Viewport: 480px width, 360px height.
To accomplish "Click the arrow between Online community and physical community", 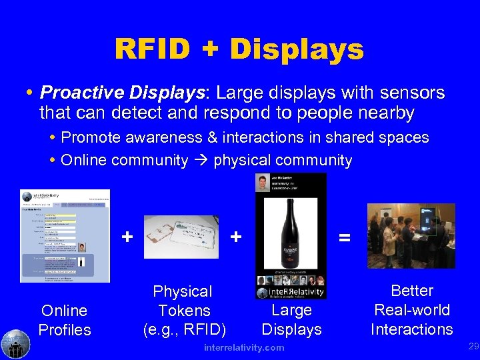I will pyautogui.click(x=201, y=161).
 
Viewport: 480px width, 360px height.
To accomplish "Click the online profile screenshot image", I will pyautogui.click(x=65, y=236).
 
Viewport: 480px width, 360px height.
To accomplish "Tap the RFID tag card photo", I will pyautogui.click(x=182, y=236).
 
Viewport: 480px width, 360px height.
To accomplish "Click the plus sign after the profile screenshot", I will pyautogui.click(x=127, y=236).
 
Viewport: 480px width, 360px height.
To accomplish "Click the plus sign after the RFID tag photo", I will pyautogui.click(x=235, y=236).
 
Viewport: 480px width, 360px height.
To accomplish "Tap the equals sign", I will pyautogui.click(x=344, y=236).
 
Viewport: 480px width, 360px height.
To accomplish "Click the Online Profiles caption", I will pyautogui.click(x=65, y=320).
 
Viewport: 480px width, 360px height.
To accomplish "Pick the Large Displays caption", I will pyautogui.click(x=291, y=320).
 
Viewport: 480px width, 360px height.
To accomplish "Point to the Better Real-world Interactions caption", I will pyautogui.click(x=411, y=310).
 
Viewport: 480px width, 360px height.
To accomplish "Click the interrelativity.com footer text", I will pyautogui.click(x=245, y=347).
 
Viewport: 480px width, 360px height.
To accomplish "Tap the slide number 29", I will pyautogui.click(x=473, y=346).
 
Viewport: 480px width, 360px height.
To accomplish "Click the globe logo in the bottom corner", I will pyautogui.click(x=15, y=344).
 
